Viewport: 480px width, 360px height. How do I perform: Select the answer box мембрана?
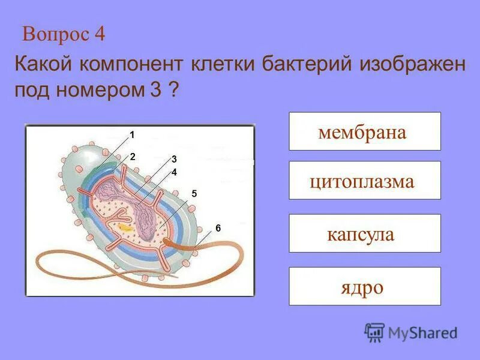(364, 131)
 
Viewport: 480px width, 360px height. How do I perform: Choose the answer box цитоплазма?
(364, 181)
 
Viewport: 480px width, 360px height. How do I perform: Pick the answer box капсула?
(364, 233)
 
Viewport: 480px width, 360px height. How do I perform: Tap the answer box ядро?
(364, 286)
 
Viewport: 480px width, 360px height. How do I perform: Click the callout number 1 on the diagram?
(132, 134)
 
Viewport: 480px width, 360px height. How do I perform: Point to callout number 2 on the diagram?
(133, 156)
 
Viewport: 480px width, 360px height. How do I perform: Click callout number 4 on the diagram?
(174, 172)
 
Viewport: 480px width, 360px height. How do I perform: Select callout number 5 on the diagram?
(194, 193)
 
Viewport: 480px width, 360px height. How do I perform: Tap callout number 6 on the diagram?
(218, 228)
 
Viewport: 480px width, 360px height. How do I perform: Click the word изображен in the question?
(412, 64)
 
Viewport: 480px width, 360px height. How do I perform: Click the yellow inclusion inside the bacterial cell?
(125, 227)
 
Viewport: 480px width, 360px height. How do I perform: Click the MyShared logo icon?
(374, 332)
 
